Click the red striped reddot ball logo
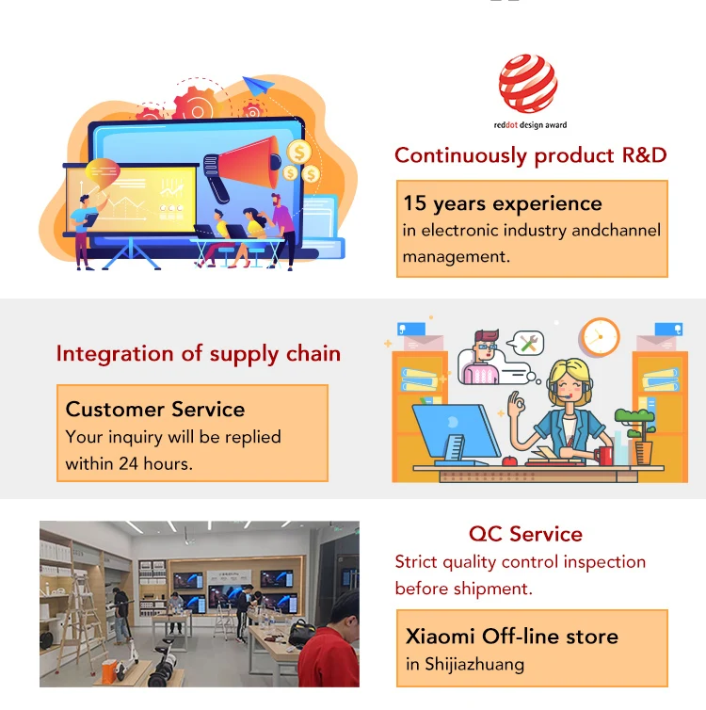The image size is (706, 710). (x=528, y=83)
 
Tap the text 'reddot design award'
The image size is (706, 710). (x=530, y=125)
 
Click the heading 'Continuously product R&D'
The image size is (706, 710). (x=530, y=155)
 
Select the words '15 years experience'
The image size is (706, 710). (x=503, y=203)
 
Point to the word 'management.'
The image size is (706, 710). (x=457, y=257)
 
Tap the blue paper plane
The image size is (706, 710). (x=258, y=85)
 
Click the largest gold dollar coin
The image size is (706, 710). (x=299, y=153)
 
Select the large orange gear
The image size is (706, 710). (x=197, y=105)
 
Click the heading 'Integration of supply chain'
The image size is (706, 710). (x=199, y=354)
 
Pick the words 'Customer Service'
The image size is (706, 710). (x=155, y=410)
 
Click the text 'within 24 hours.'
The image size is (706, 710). (x=129, y=463)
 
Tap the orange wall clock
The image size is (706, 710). (x=600, y=337)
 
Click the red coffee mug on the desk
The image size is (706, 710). (x=603, y=456)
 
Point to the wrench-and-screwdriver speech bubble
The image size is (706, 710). (x=526, y=343)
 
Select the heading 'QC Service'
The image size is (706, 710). (x=525, y=534)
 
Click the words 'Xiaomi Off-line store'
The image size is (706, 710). (x=512, y=637)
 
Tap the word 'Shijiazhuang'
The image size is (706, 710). (x=474, y=665)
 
